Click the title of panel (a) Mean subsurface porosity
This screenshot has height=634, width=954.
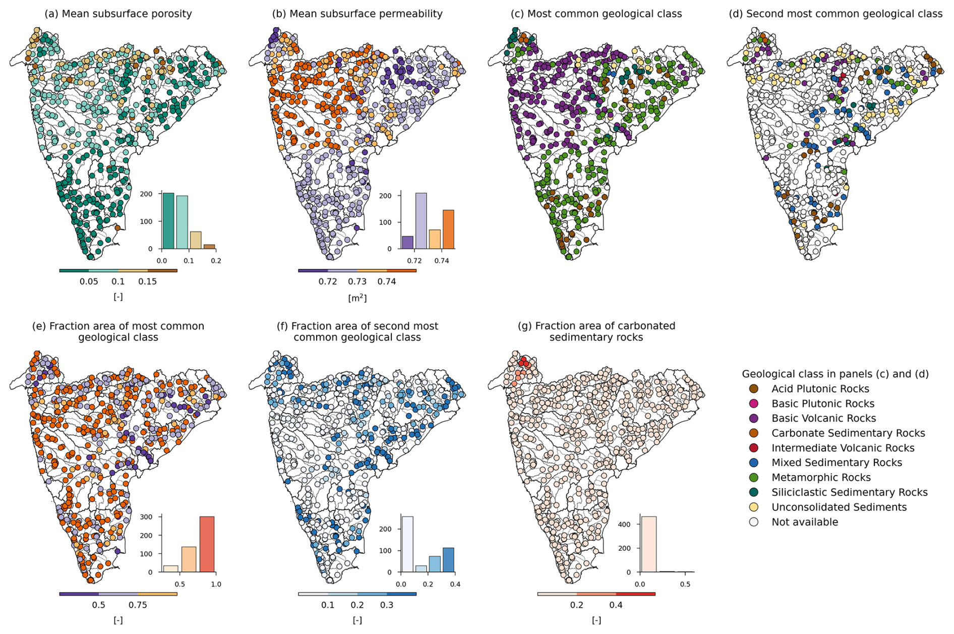pos(118,14)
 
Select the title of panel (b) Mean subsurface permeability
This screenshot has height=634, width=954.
pos(357,14)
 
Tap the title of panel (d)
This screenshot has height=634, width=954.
pos(835,14)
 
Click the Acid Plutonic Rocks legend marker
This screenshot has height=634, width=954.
pos(754,389)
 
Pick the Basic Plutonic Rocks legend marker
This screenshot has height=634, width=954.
pos(754,404)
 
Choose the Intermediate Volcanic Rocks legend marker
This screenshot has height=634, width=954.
pos(754,448)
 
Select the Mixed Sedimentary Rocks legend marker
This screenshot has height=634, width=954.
pos(754,463)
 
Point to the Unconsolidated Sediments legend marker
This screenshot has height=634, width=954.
pos(754,507)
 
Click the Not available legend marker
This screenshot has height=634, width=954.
pos(754,522)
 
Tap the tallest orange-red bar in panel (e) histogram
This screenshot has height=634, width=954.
pos(207,544)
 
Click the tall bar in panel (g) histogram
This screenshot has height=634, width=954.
pos(648,544)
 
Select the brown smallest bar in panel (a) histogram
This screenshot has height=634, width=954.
pos(209,247)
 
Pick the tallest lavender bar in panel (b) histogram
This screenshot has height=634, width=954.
pos(421,221)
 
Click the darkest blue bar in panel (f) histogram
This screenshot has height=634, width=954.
pos(448,560)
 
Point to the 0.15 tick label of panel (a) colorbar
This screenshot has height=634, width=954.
pos(147,282)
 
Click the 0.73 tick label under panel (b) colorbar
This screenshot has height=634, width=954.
pos(357,282)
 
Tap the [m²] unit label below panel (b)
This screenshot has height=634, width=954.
pos(357,298)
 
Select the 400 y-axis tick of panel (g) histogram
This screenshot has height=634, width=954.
pos(624,525)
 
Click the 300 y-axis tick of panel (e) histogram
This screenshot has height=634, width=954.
pos(146,517)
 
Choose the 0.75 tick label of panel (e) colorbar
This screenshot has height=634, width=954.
pos(138,605)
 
